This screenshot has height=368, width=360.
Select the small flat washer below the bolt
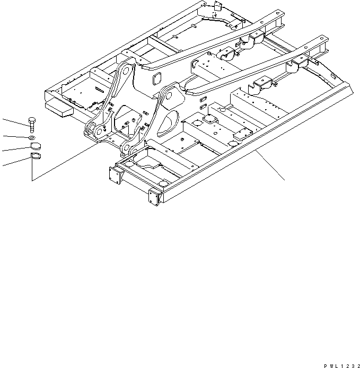tap(32, 138)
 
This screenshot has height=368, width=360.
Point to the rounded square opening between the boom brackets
tap(157, 79)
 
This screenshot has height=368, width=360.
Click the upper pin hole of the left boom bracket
tap(125, 69)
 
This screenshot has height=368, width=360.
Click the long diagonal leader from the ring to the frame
tap(69, 162)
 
